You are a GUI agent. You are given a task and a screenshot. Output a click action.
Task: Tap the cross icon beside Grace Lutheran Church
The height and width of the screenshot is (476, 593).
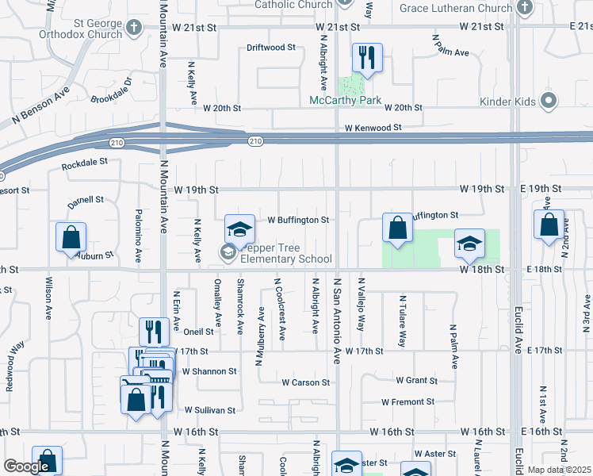pos(523,8)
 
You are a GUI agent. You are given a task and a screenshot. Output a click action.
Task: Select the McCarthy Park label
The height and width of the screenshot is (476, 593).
pos(346,102)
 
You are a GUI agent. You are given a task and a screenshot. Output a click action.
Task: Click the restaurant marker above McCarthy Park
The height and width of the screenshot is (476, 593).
pos(367,59)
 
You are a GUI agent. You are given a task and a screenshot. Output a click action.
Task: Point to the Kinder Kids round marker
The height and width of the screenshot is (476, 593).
pos(547,102)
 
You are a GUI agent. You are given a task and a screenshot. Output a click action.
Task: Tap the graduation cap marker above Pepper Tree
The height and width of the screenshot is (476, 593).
pos(239,230)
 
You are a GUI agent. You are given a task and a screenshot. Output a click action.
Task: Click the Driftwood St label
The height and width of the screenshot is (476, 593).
pos(271,48)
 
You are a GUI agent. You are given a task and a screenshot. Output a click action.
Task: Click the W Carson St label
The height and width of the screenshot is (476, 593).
pos(305,382)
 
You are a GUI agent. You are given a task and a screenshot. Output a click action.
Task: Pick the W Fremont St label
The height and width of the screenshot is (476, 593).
pos(407,402)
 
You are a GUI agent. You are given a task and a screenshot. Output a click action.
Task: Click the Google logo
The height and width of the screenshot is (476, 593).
pos(26,466)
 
